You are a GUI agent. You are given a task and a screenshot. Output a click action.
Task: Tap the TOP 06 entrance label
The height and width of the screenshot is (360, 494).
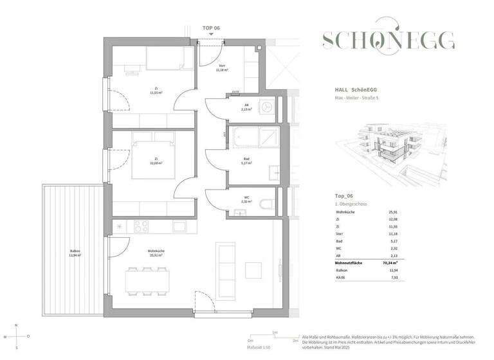pyautogui.click(x=212, y=28)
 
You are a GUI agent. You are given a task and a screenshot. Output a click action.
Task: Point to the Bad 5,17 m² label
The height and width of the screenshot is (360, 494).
pyautogui.click(x=246, y=161)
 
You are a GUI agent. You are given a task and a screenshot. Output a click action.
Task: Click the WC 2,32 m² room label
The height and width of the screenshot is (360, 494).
pyautogui.click(x=246, y=200)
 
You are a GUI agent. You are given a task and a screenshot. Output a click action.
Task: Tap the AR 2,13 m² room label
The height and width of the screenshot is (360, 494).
pyautogui.click(x=246, y=107)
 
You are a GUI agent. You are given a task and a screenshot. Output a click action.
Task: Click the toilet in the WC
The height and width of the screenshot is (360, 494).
pyautogui.click(x=268, y=204)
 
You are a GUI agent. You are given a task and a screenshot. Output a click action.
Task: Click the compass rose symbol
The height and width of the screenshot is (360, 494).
pyautogui.click(x=17, y=336)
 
